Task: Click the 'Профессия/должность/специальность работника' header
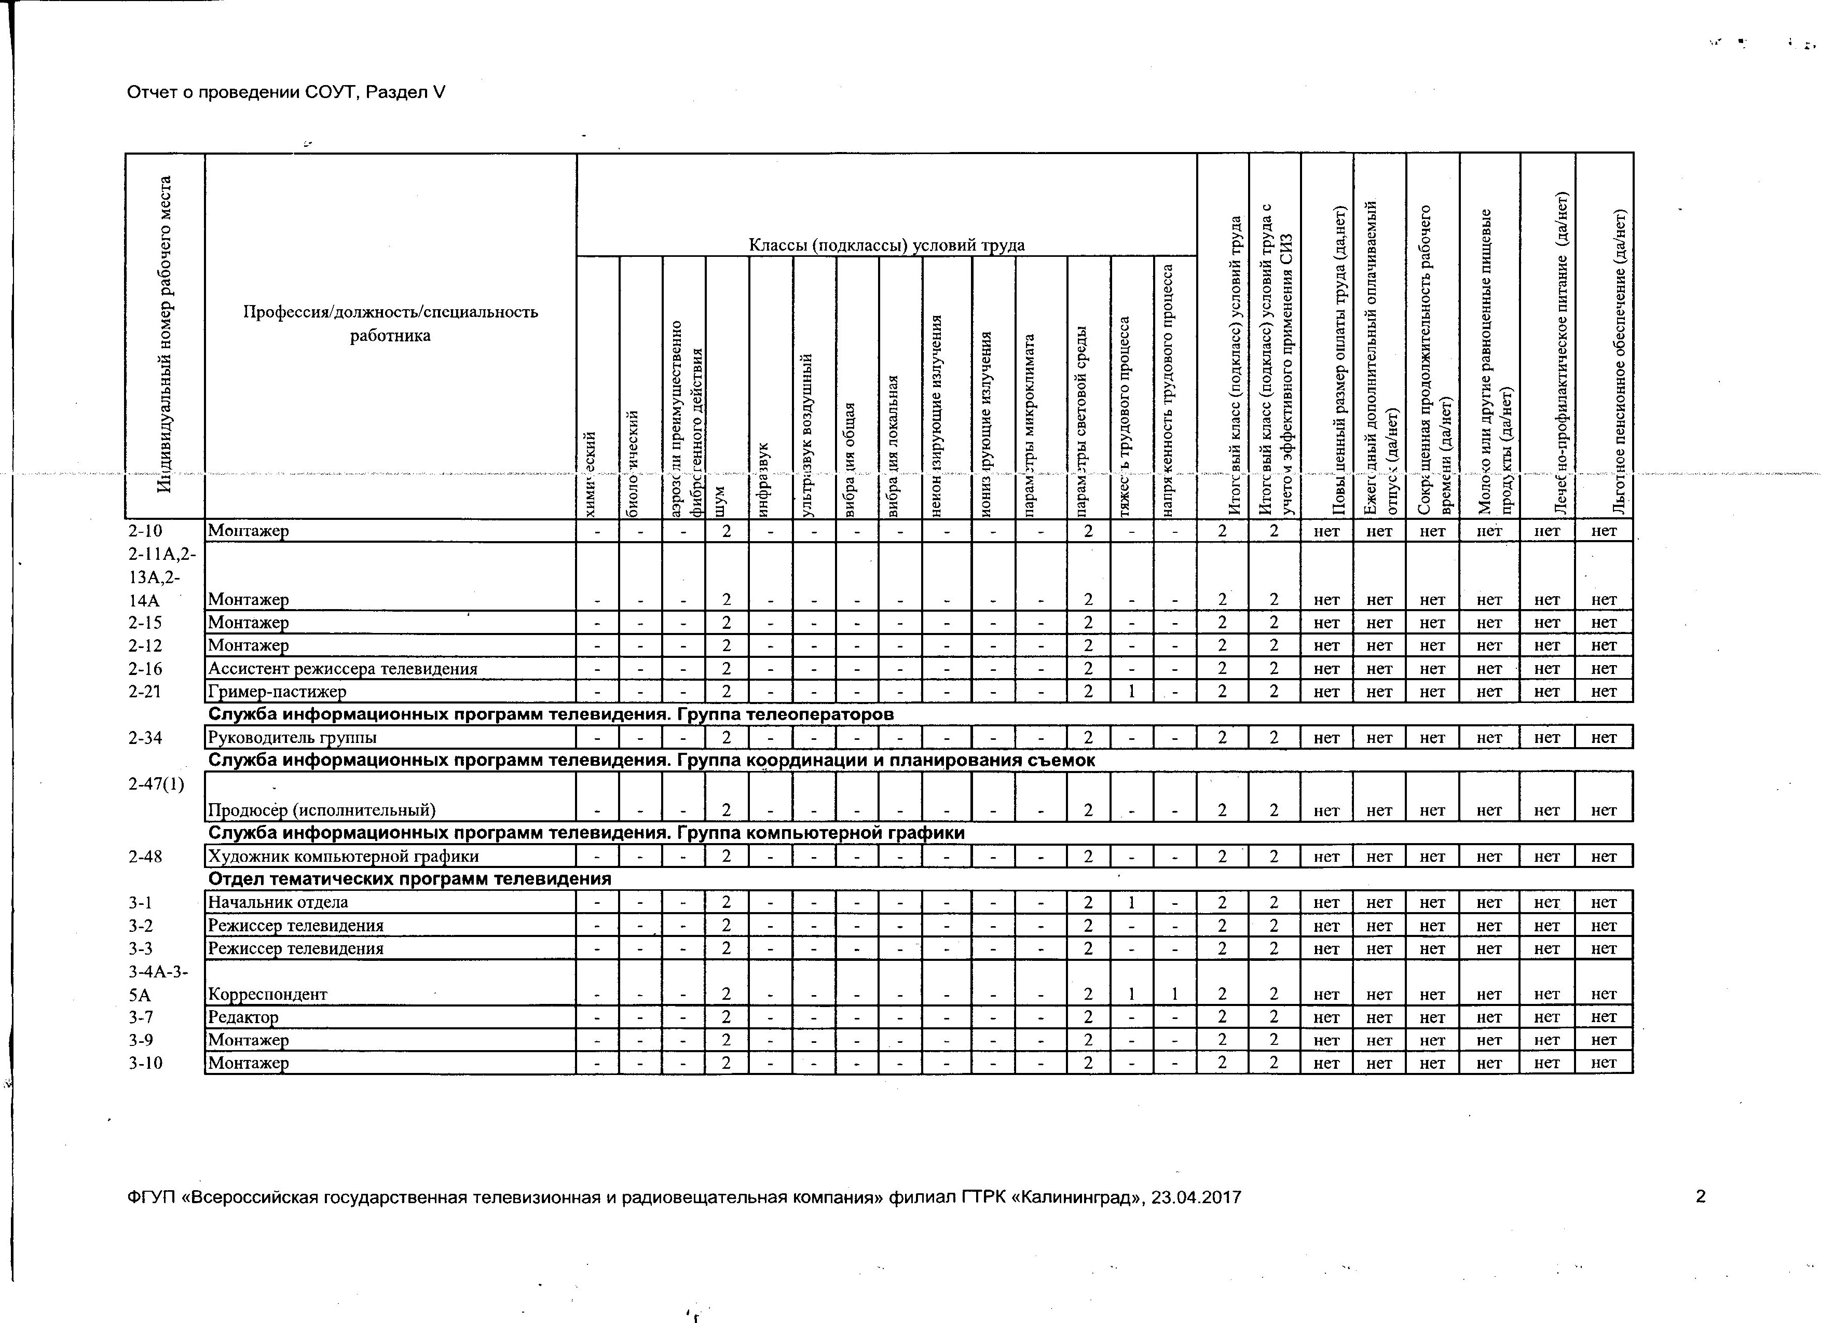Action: click(x=390, y=324)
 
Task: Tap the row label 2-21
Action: click(x=145, y=691)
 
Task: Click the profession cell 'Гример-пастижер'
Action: click(x=277, y=691)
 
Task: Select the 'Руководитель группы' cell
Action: click(x=292, y=737)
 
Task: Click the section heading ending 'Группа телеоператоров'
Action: click(x=551, y=714)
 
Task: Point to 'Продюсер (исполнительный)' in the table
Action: click(x=322, y=809)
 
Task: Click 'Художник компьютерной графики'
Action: click(x=344, y=856)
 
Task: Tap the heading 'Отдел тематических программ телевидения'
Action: click(x=409, y=878)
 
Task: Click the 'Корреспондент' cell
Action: click(x=268, y=994)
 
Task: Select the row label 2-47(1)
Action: click(x=156, y=784)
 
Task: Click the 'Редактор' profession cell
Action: click(x=243, y=1016)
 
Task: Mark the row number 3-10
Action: click(x=145, y=1063)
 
